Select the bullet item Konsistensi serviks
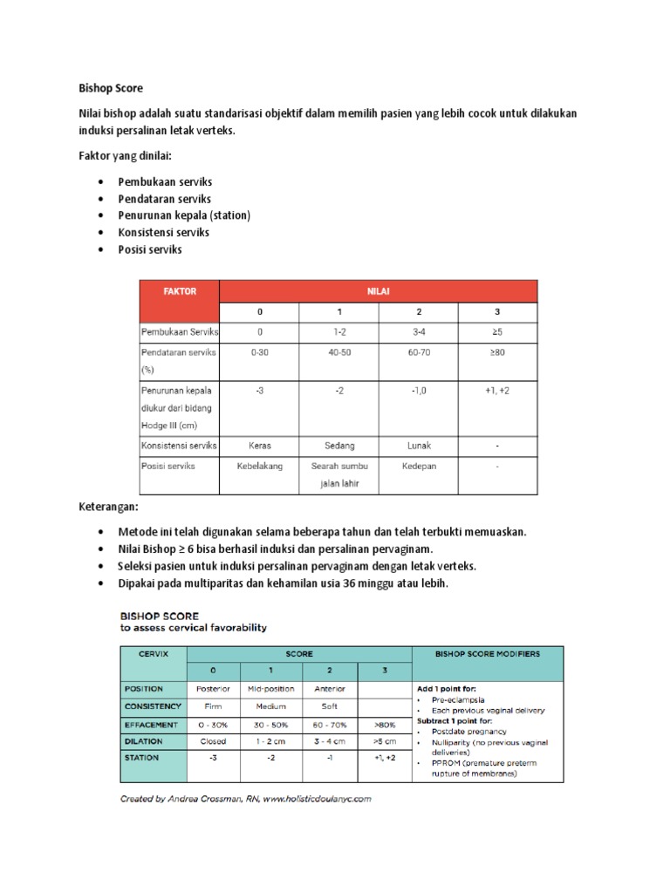pyautogui.click(x=163, y=232)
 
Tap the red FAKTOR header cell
pyautogui.click(x=179, y=291)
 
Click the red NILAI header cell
pyautogui.click(x=379, y=291)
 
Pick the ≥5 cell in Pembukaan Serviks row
pyautogui.click(x=497, y=332)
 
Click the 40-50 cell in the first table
pyautogui.click(x=338, y=352)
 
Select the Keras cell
pyautogui.click(x=259, y=445)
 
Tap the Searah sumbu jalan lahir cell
pyautogui.click(x=338, y=474)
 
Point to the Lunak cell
pyautogui.click(x=419, y=445)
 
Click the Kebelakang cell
pyautogui.click(x=259, y=466)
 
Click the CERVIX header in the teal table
pyautogui.click(x=153, y=653)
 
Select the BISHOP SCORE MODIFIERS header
pyautogui.click(x=487, y=653)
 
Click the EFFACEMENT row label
pyautogui.click(x=151, y=724)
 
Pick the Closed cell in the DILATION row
pyautogui.click(x=213, y=741)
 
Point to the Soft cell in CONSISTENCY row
pyautogui.click(x=330, y=706)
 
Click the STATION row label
pyautogui.click(x=141, y=758)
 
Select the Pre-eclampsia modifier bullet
pyautogui.click(x=458, y=699)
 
